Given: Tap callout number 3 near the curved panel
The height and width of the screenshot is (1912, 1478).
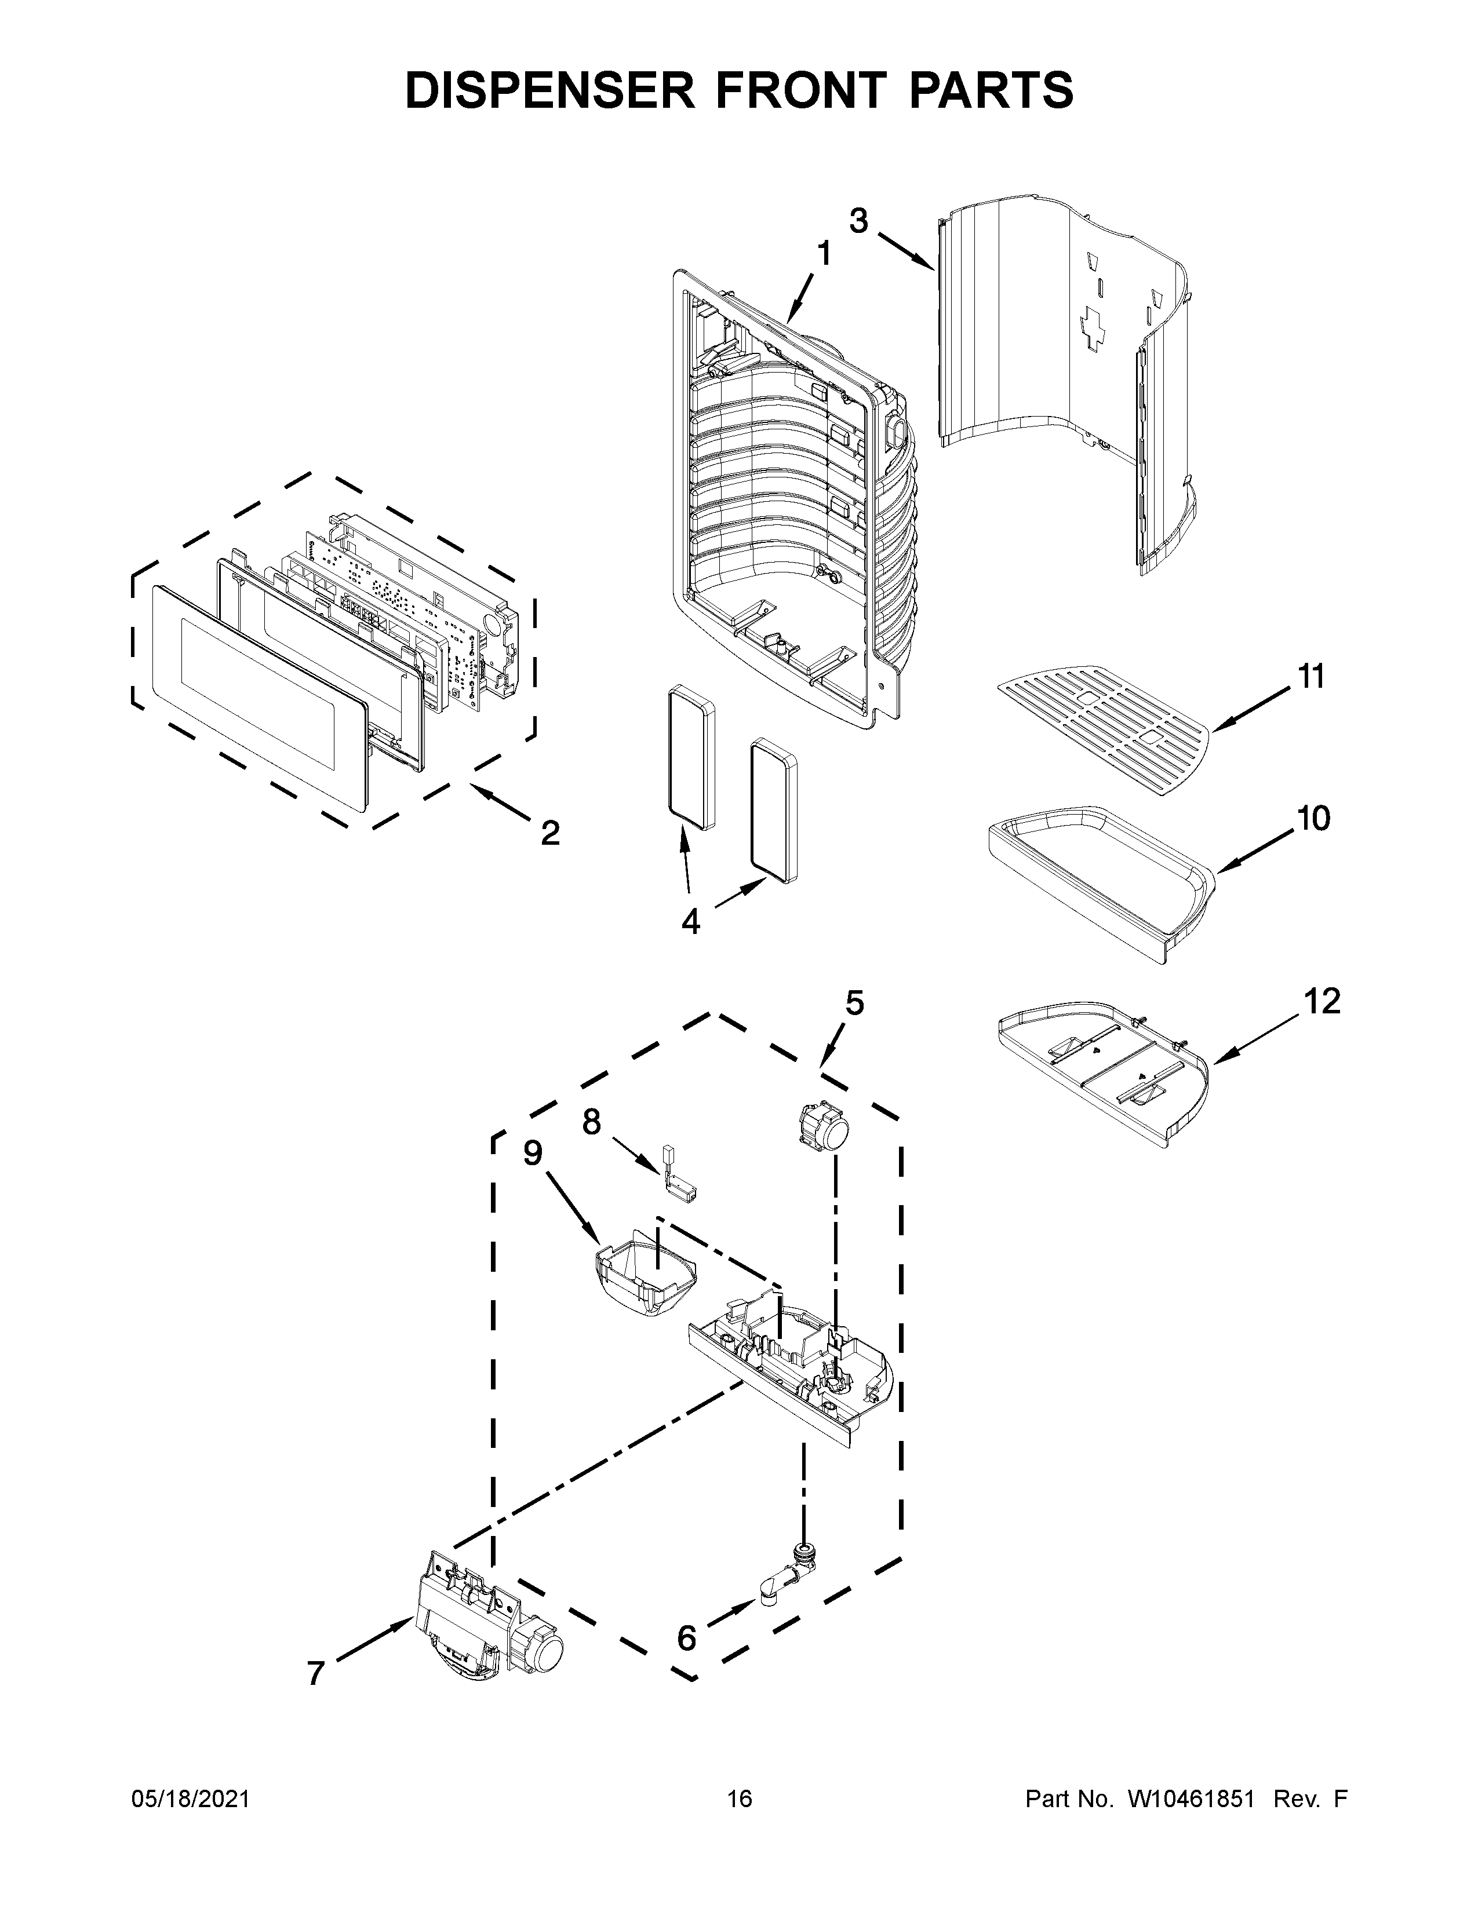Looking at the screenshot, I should click(859, 221).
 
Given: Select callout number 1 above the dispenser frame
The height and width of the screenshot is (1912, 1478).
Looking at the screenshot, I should click(824, 254).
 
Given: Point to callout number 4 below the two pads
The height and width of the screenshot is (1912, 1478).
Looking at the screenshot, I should click(691, 921).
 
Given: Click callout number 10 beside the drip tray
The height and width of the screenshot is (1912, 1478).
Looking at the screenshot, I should click(1313, 819).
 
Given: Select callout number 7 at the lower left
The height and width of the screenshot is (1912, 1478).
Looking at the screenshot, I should click(316, 1673).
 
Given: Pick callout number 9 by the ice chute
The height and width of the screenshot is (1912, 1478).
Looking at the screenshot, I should click(533, 1153).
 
